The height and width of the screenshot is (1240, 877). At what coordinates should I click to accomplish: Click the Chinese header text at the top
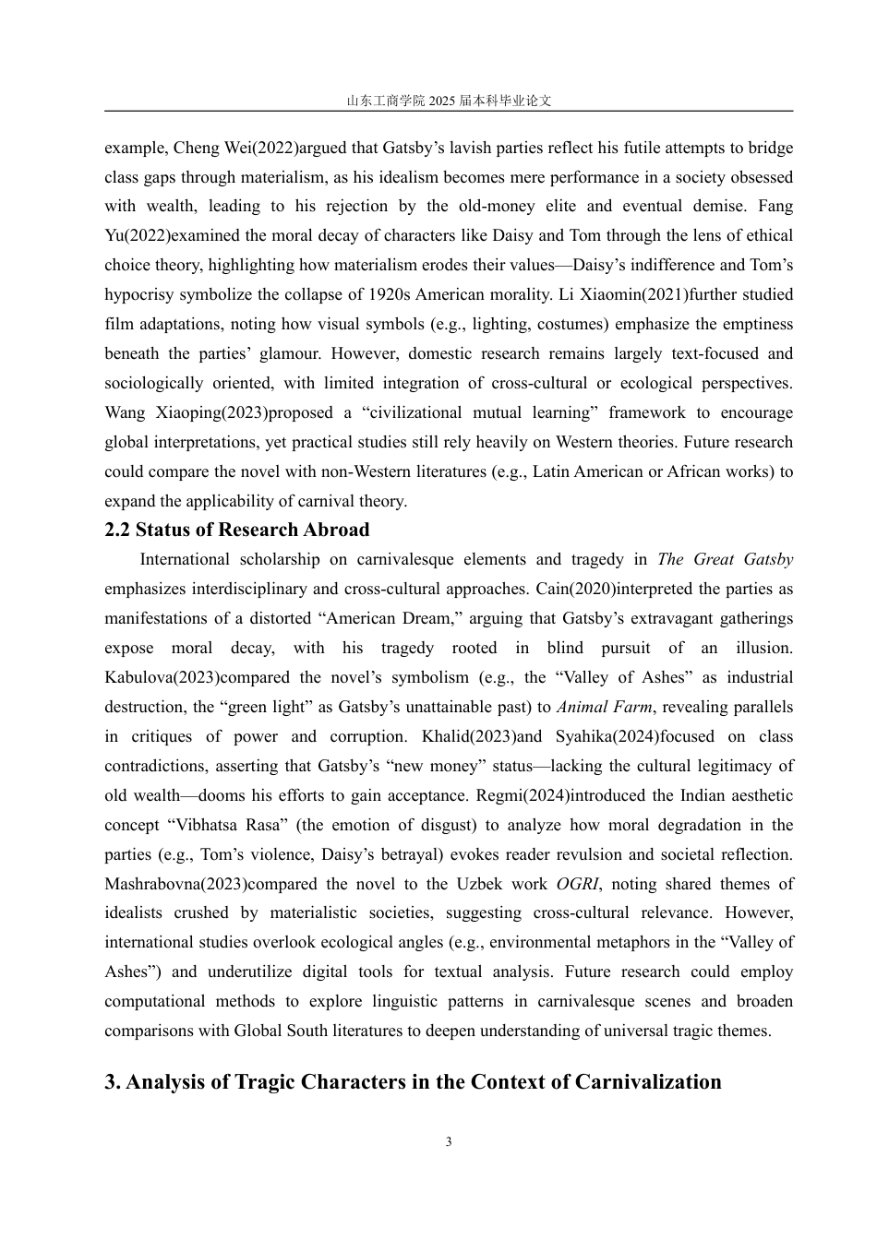point(449,101)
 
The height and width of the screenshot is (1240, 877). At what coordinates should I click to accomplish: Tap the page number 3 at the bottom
point(449,1142)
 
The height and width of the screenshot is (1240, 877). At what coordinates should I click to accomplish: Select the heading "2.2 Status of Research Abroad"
point(237,531)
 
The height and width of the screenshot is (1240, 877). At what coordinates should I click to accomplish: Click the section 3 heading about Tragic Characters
point(413,1082)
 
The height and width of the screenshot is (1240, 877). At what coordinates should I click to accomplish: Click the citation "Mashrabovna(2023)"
point(175,884)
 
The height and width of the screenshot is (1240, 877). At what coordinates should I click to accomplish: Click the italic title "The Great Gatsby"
point(725,560)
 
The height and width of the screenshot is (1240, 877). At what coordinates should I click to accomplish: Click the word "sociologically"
point(153,384)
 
